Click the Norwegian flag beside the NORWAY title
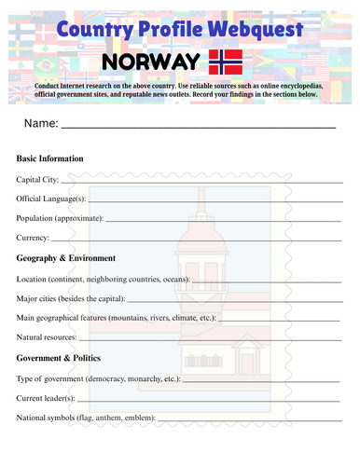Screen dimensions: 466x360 [x=225, y=62]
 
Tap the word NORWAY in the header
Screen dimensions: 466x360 [x=148, y=62]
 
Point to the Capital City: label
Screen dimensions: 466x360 [x=37, y=179]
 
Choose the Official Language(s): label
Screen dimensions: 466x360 [x=51, y=199]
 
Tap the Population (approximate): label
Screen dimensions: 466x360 [x=60, y=218]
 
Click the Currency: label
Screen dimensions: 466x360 [x=35, y=239]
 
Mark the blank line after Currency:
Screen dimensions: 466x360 [x=196, y=240]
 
